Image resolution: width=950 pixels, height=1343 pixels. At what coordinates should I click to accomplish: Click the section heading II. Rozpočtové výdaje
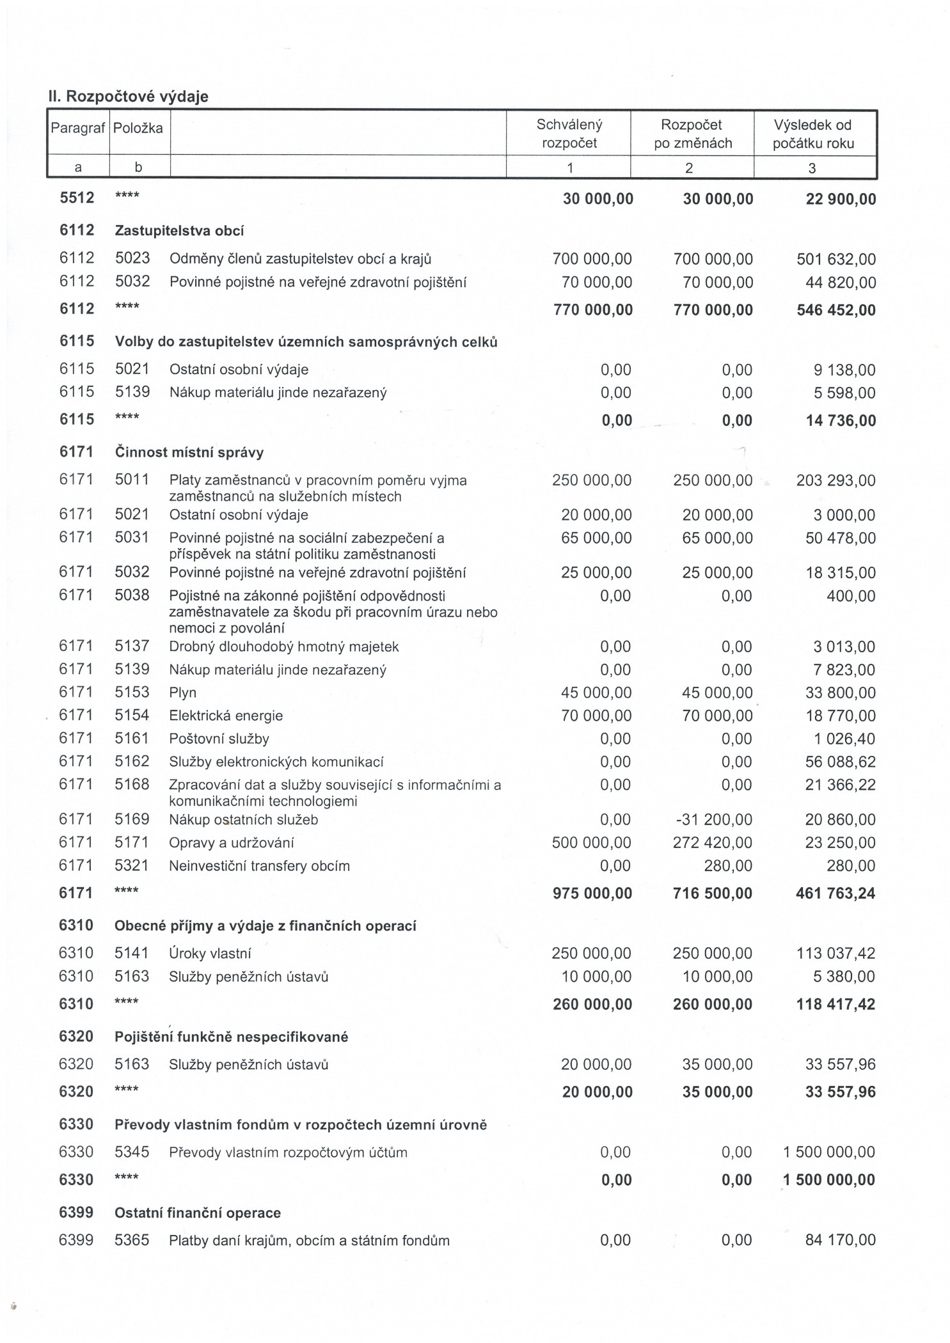coord(128,97)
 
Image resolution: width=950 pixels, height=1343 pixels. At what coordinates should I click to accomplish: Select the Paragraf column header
coord(77,128)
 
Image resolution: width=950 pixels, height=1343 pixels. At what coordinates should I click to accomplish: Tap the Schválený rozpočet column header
coord(569,134)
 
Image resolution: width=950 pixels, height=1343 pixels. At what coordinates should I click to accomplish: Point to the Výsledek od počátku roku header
coord(813,134)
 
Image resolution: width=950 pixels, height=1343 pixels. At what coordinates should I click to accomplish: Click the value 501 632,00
coord(835,260)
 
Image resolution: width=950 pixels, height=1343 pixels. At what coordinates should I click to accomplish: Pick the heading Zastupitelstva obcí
coord(179,231)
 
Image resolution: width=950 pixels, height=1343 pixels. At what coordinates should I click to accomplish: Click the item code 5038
coord(132,595)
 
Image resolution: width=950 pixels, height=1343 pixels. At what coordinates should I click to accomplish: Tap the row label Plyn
coord(182,693)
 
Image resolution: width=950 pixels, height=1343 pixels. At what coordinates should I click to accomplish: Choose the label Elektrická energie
coord(225,716)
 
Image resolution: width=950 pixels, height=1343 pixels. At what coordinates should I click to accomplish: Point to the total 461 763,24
coord(835,893)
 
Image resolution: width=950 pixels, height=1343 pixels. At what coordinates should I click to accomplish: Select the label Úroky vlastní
coord(210,954)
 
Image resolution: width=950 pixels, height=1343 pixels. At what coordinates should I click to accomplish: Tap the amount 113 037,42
coord(835,954)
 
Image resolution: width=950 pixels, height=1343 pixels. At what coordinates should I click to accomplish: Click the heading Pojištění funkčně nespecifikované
coord(231,1037)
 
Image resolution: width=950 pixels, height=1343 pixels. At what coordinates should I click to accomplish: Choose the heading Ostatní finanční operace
coord(197,1213)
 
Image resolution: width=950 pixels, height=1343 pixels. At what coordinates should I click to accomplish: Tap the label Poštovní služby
coord(219,739)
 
